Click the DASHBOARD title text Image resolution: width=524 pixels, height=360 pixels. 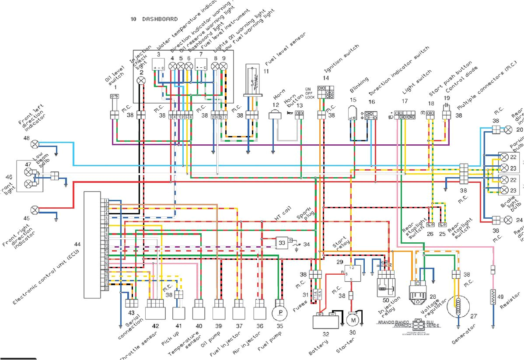point(160,19)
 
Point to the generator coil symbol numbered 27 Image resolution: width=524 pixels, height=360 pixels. point(458,306)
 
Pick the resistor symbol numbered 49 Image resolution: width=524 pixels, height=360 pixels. point(493,297)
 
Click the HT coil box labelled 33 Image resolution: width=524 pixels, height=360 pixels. point(282,242)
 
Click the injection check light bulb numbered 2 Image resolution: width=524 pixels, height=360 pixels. point(141,80)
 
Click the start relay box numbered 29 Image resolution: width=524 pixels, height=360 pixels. point(354,273)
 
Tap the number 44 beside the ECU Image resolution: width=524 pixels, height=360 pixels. point(77,244)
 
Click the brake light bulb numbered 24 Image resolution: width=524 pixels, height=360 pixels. point(507,219)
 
